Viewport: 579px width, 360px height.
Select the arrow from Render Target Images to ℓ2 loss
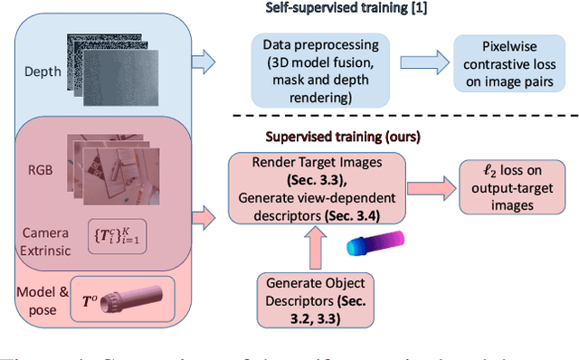pos(432,187)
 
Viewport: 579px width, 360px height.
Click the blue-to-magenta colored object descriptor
pos(378,243)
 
